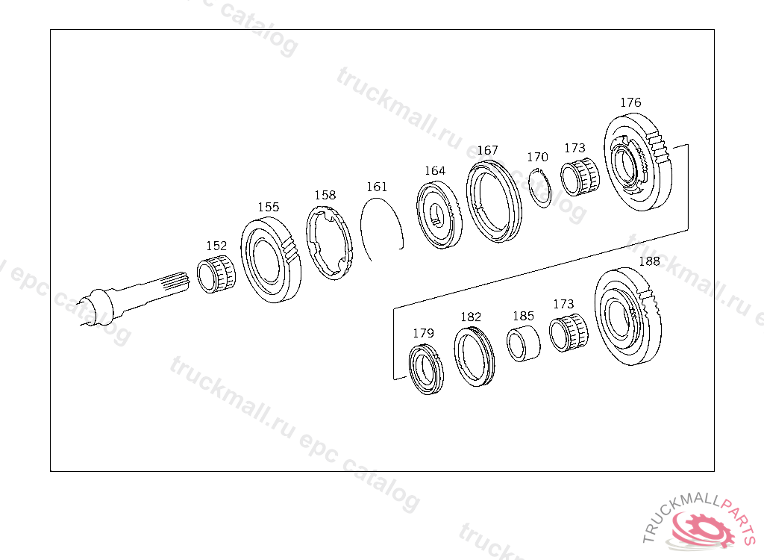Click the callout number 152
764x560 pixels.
216,246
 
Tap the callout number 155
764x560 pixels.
269,207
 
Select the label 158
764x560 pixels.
325,195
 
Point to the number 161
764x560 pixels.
377,187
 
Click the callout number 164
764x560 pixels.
435,171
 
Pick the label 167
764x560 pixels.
487,150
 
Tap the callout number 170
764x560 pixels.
537,157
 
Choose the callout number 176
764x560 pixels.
630,102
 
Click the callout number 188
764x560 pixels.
650,261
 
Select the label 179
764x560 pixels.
423,333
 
